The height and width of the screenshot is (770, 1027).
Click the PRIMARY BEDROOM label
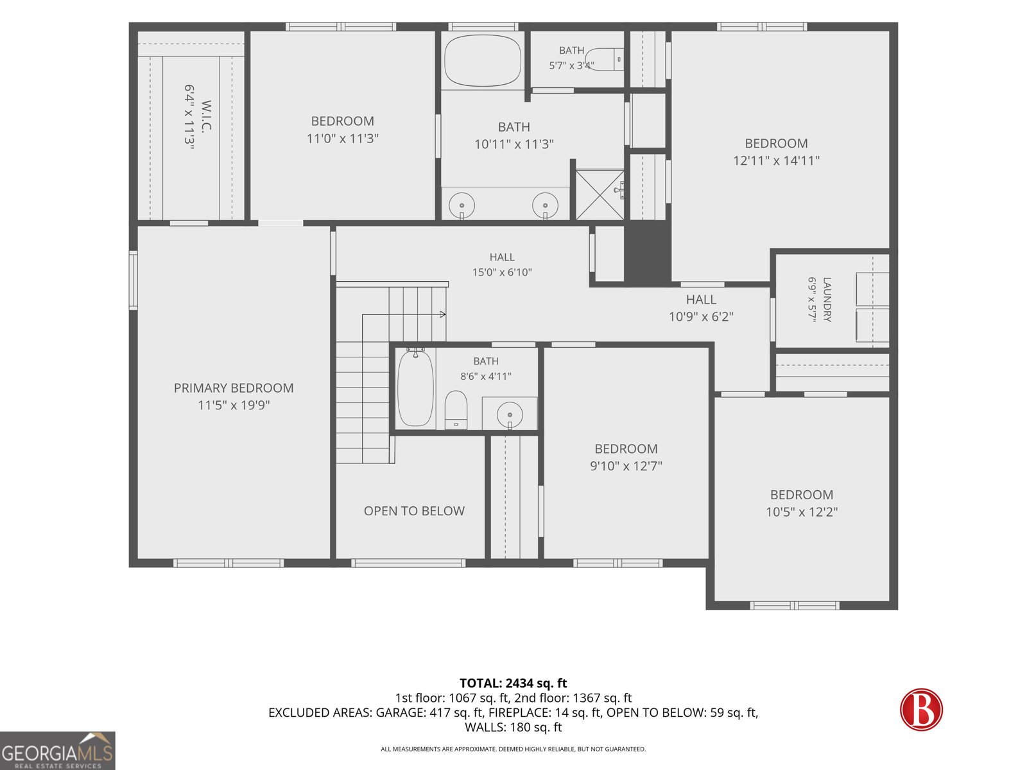tap(234, 388)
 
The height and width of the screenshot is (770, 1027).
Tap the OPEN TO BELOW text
tap(414, 511)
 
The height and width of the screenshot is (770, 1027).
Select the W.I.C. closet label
tap(206, 116)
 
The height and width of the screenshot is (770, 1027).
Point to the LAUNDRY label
tap(827, 300)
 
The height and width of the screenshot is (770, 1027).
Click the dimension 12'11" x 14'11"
tap(776, 161)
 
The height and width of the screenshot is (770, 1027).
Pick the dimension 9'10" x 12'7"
tap(626, 466)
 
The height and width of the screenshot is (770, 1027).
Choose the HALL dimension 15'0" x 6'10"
tap(502, 272)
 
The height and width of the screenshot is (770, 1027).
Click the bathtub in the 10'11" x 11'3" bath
tap(483, 60)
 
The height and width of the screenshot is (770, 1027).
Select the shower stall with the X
tap(600, 194)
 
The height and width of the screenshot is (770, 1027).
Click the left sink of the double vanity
tap(462, 205)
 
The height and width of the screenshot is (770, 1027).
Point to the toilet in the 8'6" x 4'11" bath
tap(456, 409)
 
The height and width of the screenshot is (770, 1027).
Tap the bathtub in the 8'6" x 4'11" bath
tap(415, 388)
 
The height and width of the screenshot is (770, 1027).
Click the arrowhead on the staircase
tap(443, 314)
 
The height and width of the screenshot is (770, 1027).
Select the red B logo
tap(921, 709)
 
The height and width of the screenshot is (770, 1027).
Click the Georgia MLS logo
tap(58, 751)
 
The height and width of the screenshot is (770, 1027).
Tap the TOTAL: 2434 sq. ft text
tap(513, 683)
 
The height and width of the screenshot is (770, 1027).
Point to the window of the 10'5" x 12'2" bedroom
tap(795, 606)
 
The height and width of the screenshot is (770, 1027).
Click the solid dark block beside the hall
tap(648, 252)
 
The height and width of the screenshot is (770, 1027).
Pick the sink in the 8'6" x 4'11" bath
tap(510, 415)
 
